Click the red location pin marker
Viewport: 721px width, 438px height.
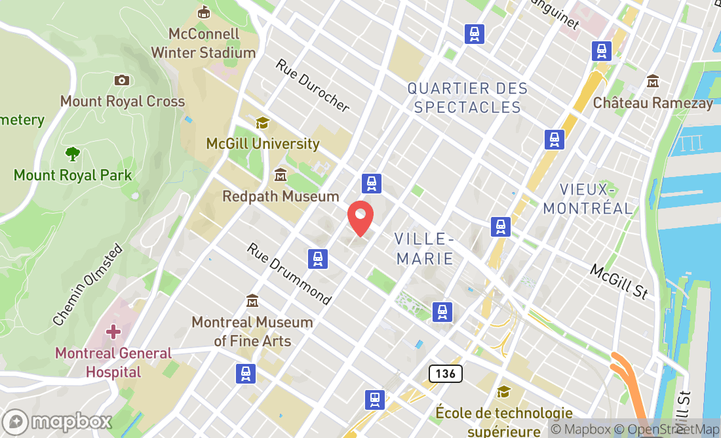click(x=360, y=218)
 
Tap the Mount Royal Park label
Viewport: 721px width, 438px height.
click(x=73, y=175)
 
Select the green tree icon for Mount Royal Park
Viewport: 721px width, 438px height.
click(x=73, y=154)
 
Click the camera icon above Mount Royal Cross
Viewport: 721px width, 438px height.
click(x=121, y=80)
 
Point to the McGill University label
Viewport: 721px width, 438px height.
click(x=263, y=143)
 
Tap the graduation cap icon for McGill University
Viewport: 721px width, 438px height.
click(x=262, y=123)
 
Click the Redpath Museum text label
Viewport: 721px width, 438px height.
click(x=281, y=196)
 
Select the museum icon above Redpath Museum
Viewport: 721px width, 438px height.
click(x=281, y=175)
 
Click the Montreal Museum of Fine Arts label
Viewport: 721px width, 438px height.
click(x=252, y=331)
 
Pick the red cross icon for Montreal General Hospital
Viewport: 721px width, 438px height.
click(x=113, y=332)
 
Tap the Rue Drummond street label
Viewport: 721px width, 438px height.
click(x=289, y=274)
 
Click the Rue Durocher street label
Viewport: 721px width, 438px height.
click(x=313, y=86)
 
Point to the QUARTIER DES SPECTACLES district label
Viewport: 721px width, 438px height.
click(x=467, y=98)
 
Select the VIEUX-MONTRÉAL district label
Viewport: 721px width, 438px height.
click(x=589, y=199)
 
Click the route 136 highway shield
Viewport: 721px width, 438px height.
click(x=446, y=374)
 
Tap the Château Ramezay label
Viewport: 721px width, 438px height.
click(x=653, y=103)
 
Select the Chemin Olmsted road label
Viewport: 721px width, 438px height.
click(x=87, y=285)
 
